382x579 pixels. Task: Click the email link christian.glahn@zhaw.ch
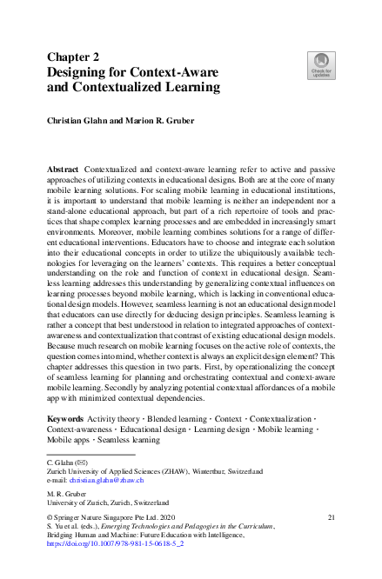click(x=108, y=480)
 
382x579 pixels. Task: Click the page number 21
click(x=331, y=516)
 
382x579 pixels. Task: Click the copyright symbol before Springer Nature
click(x=50, y=516)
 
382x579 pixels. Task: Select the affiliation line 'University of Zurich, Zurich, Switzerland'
click(x=108, y=502)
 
